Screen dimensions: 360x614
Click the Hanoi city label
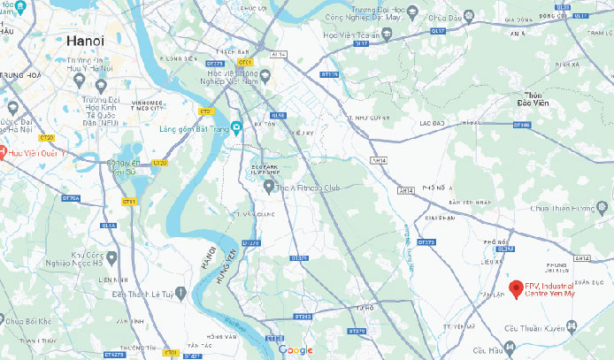pyautogui.click(x=85, y=41)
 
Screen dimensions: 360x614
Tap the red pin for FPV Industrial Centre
pyautogui.click(x=516, y=288)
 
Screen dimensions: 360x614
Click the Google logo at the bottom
pyautogui.click(x=295, y=350)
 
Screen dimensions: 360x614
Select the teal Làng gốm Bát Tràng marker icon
pyautogui.click(x=235, y=126)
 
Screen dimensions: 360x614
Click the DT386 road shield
pyautogui.click(x=522, y=126)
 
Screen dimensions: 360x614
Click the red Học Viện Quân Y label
pyautogui.click(x=37, y=152)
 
